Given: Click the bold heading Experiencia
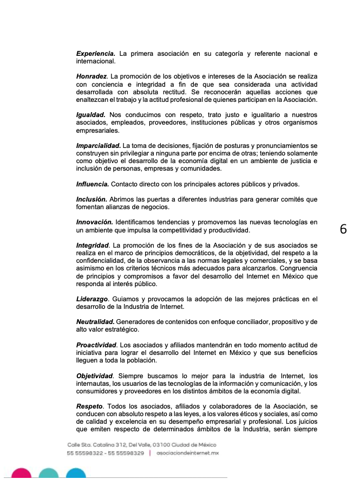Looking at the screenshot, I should [95, 54].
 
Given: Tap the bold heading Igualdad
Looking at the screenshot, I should [91, 115].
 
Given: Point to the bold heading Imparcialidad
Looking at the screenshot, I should [99, 146].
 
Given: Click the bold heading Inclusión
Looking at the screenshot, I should [91, 199].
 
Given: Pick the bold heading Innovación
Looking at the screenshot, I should [94, 223].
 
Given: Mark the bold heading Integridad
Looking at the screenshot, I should [93, 246].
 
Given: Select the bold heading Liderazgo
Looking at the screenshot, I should [93, 299].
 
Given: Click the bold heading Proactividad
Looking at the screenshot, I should [96, 345].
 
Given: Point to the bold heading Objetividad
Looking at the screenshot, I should [95, 376].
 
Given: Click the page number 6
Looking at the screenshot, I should [343, 229].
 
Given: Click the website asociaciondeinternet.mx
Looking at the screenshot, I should [187, 452].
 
